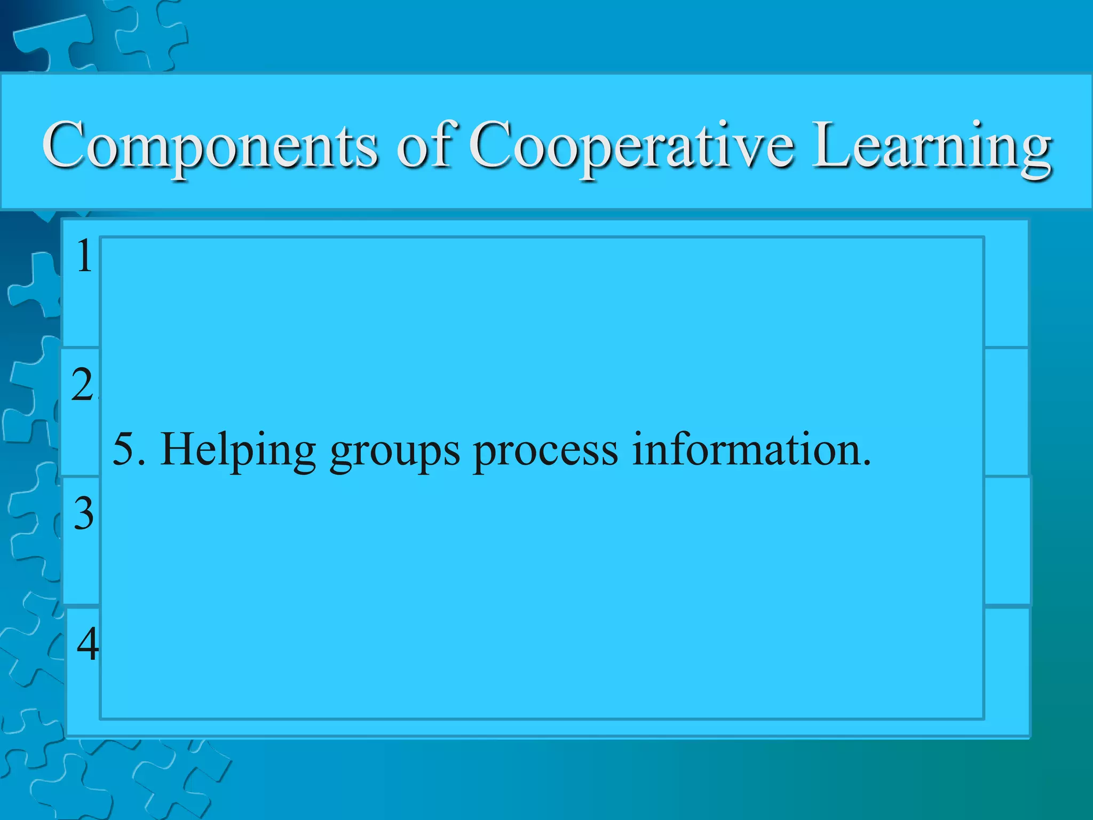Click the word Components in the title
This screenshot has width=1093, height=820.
click(210, 146)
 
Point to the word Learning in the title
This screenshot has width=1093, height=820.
click(932, 146)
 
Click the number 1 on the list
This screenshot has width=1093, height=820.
click(84, 256)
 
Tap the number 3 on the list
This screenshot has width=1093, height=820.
click(84, 514)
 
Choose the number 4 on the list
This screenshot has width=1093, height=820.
click(88, 643)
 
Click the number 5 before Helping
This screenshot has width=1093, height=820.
click(123, 450)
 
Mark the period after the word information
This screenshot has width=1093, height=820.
click(866, 462)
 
